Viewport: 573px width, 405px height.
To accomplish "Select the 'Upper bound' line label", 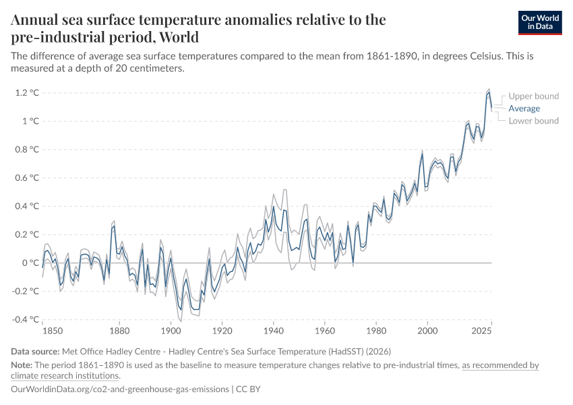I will tap(533, 96).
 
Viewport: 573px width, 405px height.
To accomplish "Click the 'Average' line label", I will tap(524, 108).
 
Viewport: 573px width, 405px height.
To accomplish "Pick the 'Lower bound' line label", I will tap(533, 121).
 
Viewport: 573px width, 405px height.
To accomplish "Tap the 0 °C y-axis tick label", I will tap(30, 263).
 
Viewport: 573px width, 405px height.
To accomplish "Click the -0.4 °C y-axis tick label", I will tap(26, 319).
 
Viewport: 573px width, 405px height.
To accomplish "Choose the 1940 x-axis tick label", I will tap(273, 331).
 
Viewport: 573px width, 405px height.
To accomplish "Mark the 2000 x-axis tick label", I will tap(427, 331).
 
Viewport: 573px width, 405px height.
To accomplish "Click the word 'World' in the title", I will tap(176, 37).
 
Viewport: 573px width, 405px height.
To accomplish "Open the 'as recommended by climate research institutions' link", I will tap(500, 365).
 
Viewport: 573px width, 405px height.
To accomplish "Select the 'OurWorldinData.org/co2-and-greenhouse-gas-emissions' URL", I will tap(119, 389).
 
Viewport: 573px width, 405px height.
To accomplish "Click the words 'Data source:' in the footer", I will tap(35, 351).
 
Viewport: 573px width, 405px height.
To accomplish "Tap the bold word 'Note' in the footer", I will tap(22, 365).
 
